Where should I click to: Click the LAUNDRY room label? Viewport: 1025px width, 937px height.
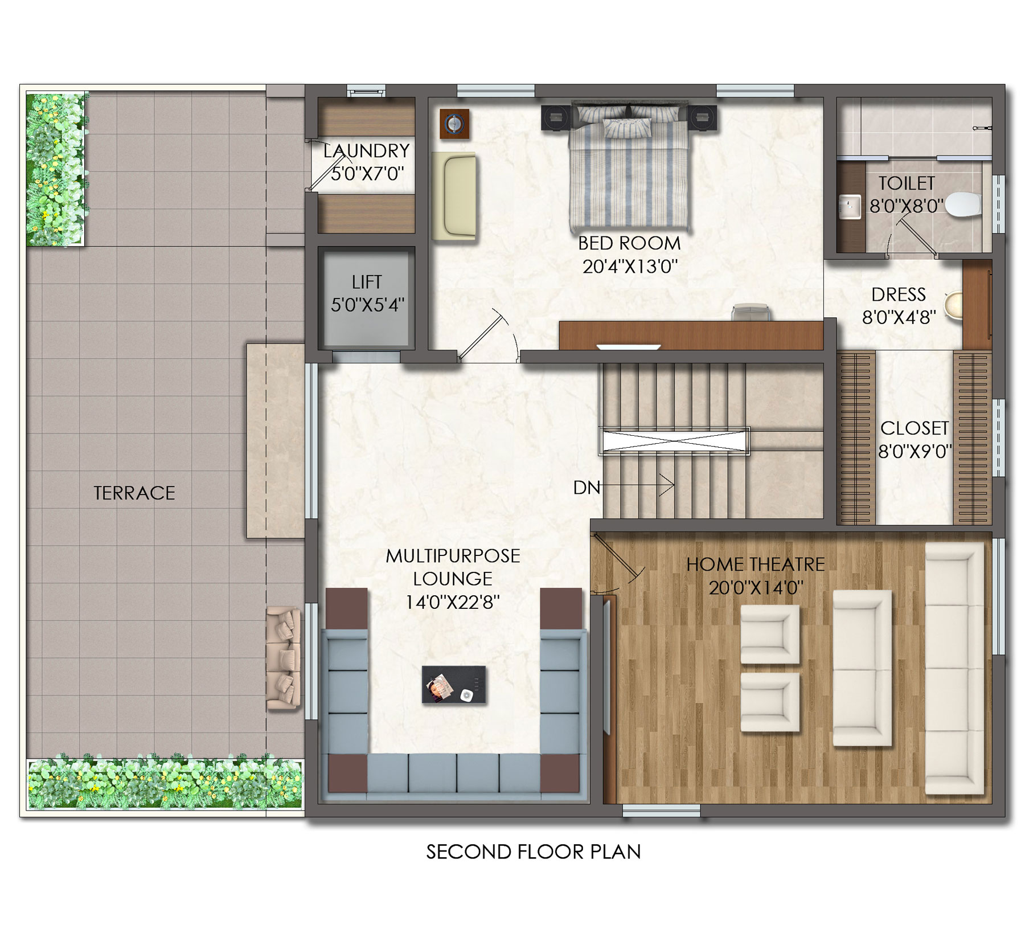pos(366,151)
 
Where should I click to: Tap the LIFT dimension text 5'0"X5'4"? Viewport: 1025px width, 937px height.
pos(367,305)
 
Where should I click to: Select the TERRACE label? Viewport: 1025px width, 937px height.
pos(134,493)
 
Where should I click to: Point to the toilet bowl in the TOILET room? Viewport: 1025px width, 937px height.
pos(963,205)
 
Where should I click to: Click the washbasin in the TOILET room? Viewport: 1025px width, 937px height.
pos(850,207)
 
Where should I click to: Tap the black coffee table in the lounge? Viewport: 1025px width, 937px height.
pos(454,684)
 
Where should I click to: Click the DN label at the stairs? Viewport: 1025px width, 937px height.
pos(587,488)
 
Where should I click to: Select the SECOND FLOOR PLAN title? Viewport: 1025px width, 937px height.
pos(534,852)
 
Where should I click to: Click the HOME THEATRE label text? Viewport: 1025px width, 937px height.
pos(755,564)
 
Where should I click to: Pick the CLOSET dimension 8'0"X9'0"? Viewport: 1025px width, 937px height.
pos(915,452)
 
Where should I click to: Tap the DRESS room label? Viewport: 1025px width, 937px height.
pos(899,294)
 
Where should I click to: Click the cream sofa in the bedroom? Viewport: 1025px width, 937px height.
pos(454,195)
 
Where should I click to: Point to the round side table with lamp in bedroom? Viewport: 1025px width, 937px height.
pos(454,124)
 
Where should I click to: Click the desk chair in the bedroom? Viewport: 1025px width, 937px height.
pos(751,313)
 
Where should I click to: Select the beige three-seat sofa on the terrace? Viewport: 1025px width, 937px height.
pos(284,658)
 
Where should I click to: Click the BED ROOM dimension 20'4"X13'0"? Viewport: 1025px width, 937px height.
pos(630,266)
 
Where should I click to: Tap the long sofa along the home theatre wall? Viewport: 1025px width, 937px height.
pos(954,668)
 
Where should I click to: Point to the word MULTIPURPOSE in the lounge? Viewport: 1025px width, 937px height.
pos(453,556)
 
